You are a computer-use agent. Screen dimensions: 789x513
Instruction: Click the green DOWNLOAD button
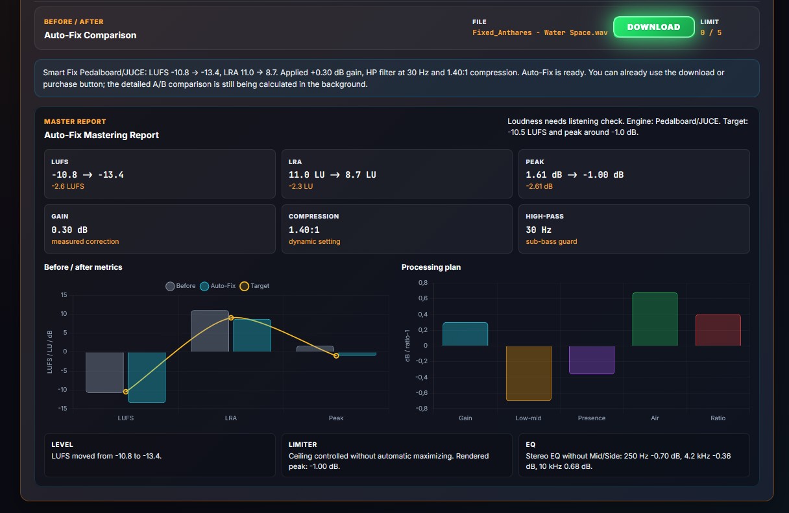point(654,27)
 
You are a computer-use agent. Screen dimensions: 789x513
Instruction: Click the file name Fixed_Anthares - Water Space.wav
point(540,32)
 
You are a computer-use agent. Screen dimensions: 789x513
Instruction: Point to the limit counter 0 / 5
point(710,32)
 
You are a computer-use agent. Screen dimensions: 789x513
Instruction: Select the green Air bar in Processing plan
point(655,319)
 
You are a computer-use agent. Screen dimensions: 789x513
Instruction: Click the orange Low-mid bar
point(528,373)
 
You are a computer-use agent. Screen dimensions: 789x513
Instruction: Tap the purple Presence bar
point(592,360)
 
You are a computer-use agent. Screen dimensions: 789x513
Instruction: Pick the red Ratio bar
point(718,330)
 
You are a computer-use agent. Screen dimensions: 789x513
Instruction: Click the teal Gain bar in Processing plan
point(465,334)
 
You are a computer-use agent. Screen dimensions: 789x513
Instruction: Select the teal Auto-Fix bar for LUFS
point(147,377)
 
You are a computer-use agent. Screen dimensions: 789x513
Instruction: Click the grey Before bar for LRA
point(210,331)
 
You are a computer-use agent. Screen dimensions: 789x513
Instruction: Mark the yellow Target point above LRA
point(231,318)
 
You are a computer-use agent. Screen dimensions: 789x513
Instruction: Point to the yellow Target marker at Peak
point(336,355)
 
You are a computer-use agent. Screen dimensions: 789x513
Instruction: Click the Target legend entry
point(254,286)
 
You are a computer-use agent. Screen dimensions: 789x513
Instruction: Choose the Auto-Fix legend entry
point(217,286)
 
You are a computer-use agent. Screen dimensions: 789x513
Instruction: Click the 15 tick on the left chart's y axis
point(64,294)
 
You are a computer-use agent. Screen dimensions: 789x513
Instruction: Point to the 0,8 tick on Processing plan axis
point(423,282)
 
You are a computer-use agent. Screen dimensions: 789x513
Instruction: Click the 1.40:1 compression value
point(304,230)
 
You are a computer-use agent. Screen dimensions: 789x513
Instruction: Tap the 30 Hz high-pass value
point(539,230)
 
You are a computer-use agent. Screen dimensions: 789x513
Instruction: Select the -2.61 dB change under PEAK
point(539,186)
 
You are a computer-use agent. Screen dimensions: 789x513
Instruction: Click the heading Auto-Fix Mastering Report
point(101,135)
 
